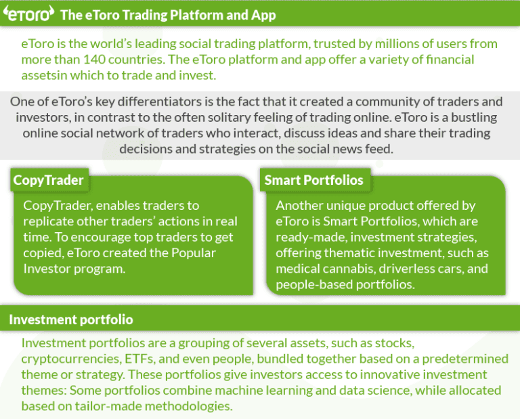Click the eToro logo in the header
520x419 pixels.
pyautogui.click(x=28, y=14)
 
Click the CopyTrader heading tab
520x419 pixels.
pyautogui.click(x=48, y=180)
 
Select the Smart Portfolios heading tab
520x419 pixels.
pyautogui.click(x=313, y=180)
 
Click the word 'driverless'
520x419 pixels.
pyautogui.click(x=414, y=268)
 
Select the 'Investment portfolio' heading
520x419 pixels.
pyautogui.click(x=70, y=319)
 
